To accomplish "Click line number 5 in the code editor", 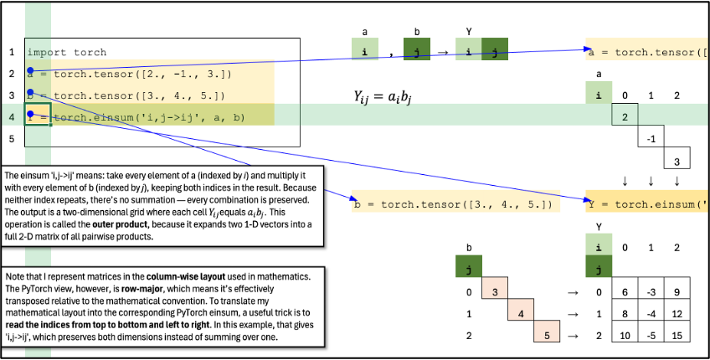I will tap(12, 139).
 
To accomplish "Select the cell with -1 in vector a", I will tap(651, 136).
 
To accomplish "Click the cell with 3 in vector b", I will tap(495, 292).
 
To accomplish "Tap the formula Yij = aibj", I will tap(383, 97).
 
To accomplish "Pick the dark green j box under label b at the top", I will tap(417, 52).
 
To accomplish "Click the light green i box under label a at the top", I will tap(365, 52).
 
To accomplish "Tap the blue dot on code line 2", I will tap(30, 70).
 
